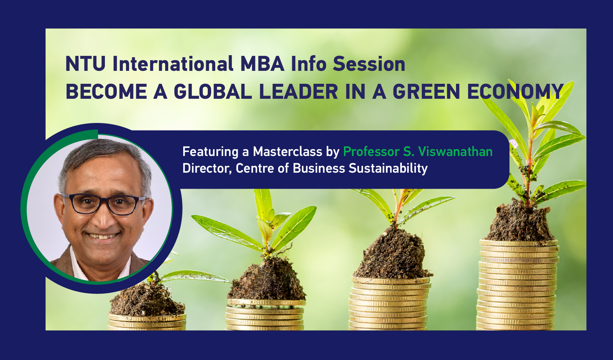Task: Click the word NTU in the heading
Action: pyautogui.click(x=85, y=64)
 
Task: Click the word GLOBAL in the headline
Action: pyautogui.click(x=213, y=92)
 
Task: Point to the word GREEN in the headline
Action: pyautogui.click(x=426, y=92)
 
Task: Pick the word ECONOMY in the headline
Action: pyautogui.click(x=515, y=92)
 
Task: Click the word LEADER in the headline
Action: pyautogui.click(x=298, y=92)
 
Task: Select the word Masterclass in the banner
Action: pyautogui.click(x=287, y=152)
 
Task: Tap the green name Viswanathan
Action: pyautogui.click(x=455, y=152)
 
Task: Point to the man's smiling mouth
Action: pyautogui.click(x=103, y=236)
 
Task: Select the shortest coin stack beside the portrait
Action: pyautogui.click(x=147, y=322)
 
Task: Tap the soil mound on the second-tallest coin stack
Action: pyautogui.click(x=392, y=255)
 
